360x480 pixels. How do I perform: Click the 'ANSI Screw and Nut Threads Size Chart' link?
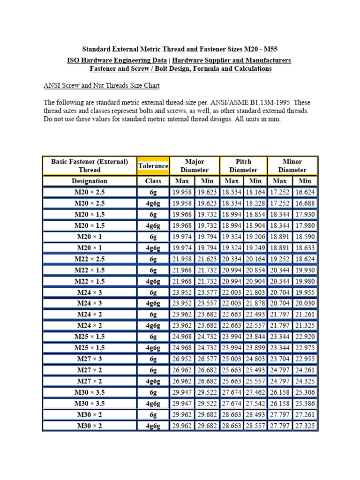pos(102,86)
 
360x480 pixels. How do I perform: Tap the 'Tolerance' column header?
pos(153,166)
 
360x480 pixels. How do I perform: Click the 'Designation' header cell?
pos(90,181)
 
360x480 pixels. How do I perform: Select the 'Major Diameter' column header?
pos(195,166)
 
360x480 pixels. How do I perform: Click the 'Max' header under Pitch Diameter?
pos(232,181)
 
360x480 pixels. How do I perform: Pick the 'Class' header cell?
pos(153,181)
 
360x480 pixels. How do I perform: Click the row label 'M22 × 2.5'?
pos(90,259)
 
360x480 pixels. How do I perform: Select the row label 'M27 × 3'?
pos(90,359)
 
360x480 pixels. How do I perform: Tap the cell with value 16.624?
pos(305,192)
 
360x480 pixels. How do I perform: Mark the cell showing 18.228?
pos(255,203)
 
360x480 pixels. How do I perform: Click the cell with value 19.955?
pos(305,292)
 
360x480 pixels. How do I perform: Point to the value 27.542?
pos(255,403)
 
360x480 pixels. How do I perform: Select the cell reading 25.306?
pos(305,392)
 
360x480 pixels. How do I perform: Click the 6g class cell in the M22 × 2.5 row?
pos(153,259)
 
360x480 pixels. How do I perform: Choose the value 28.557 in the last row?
pos(255,426)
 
